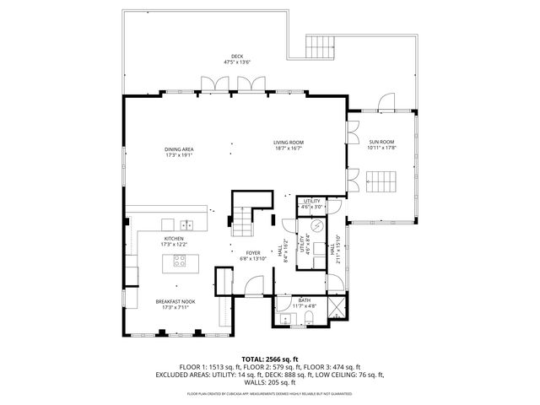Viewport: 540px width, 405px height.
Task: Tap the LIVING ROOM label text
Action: coord(288,142)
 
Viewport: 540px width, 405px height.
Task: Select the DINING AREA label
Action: coord(179,149)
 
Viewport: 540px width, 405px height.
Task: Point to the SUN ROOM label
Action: coord(381,142)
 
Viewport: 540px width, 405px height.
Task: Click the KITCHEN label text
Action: coord(174,239)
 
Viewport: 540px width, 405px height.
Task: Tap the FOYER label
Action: coord(253,252)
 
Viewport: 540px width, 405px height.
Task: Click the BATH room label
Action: coord(305,300)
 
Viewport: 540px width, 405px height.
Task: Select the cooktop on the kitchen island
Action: coord(180,262)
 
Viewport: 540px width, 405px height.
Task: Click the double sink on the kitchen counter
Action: coord(187,224)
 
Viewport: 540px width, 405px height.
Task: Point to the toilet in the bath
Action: coord(310,317)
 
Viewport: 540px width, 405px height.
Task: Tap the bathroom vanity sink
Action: coord(285,318)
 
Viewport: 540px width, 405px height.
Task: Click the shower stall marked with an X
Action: coord(335,308)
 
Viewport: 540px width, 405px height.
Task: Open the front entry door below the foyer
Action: coord(252,289)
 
